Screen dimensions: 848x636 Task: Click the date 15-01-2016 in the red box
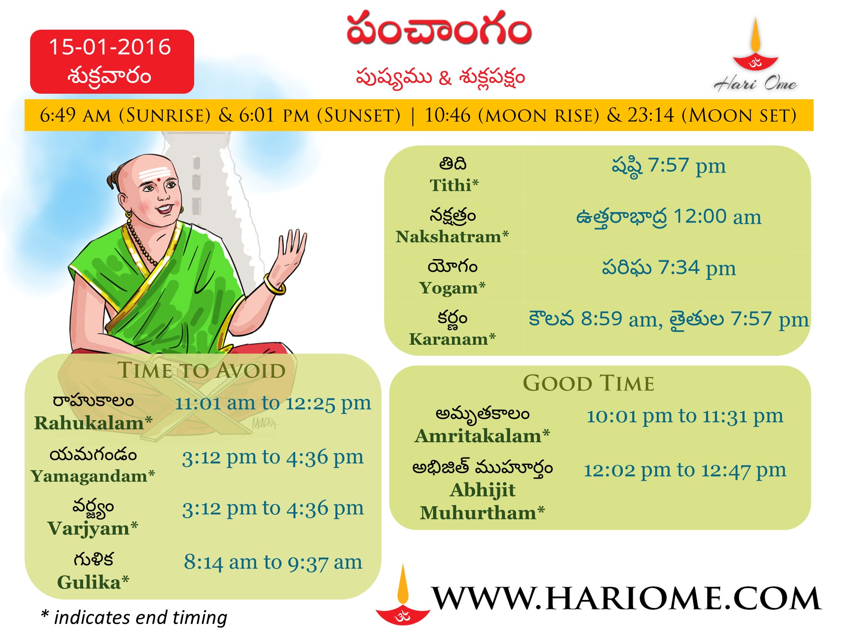tap(110, 47)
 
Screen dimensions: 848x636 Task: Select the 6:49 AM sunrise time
tap(75, 115)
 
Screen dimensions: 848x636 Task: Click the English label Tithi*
tap(454, 185)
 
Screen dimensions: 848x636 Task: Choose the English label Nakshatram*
tap(452, 237)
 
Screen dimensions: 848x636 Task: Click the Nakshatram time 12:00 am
tap(717, 217)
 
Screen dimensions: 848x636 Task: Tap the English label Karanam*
tap(452, 339)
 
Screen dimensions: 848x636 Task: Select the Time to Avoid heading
tap(201, 370)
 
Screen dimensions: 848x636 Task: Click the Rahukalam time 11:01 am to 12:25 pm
tap(273, 403)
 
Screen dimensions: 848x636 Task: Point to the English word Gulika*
tap(93, 582)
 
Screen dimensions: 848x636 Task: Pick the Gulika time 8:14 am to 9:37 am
tap(273, 563)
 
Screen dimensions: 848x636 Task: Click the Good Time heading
tap(589, 383)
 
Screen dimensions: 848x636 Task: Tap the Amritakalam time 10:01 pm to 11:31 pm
tap(685, 416)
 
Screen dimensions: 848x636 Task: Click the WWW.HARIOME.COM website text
tap(626, 599)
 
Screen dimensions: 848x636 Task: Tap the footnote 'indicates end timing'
tap(140, 618)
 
